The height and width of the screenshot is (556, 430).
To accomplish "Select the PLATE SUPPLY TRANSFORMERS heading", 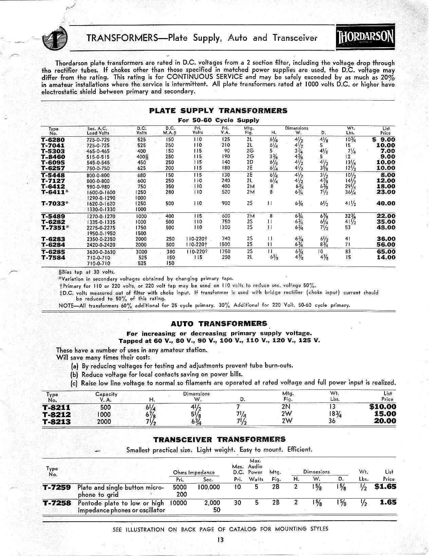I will (x=218, y=111).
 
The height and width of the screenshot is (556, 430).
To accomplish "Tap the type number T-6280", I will (x=53, y=140).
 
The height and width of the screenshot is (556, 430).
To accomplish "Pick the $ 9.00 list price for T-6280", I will (x=384, y=140).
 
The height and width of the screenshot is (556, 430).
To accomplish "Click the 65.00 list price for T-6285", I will (x=386, y=252).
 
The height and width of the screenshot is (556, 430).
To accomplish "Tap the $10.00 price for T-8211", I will (x=382, y=407).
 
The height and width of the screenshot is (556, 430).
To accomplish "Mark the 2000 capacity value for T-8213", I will (x=104, y=422).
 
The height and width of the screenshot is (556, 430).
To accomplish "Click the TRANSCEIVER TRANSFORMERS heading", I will (x=219, y=439).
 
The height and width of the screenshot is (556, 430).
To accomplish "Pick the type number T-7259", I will (x=57, y=487).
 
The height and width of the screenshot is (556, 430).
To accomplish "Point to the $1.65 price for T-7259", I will (x=385, y=486).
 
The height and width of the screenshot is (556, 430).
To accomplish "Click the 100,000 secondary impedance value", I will (x=208, y=487).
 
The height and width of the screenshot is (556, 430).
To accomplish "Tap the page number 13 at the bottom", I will (x=221, y=540).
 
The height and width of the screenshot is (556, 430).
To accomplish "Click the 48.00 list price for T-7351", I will (x=386, y=227).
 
